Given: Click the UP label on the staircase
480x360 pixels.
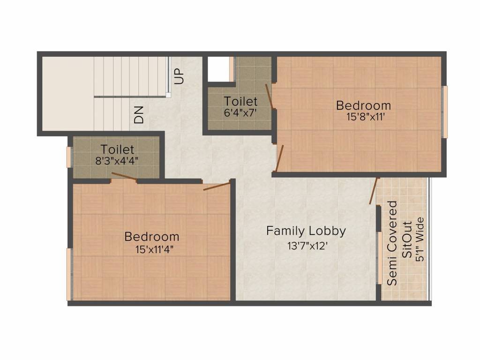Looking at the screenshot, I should coord(180,76).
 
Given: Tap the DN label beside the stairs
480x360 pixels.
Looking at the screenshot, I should coord(139,114).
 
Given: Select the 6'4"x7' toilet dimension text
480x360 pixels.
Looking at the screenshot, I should coord(240,113).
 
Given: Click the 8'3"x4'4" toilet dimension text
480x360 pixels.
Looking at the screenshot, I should coord(117,160).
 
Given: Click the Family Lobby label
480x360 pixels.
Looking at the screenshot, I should coord(306,231).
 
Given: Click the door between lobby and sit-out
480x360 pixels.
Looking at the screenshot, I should coord(374,191).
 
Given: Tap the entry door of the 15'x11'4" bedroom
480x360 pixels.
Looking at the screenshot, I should coord(217,185).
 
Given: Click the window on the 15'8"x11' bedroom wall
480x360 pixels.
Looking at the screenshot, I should coord(445,112).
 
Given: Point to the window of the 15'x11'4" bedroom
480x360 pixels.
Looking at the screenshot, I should coord(69,274).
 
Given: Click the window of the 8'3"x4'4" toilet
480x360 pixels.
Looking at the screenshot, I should coord(69,157).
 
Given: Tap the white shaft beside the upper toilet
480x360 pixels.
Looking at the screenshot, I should coord(218,69).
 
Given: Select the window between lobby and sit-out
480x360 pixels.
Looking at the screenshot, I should coord(379,257).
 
